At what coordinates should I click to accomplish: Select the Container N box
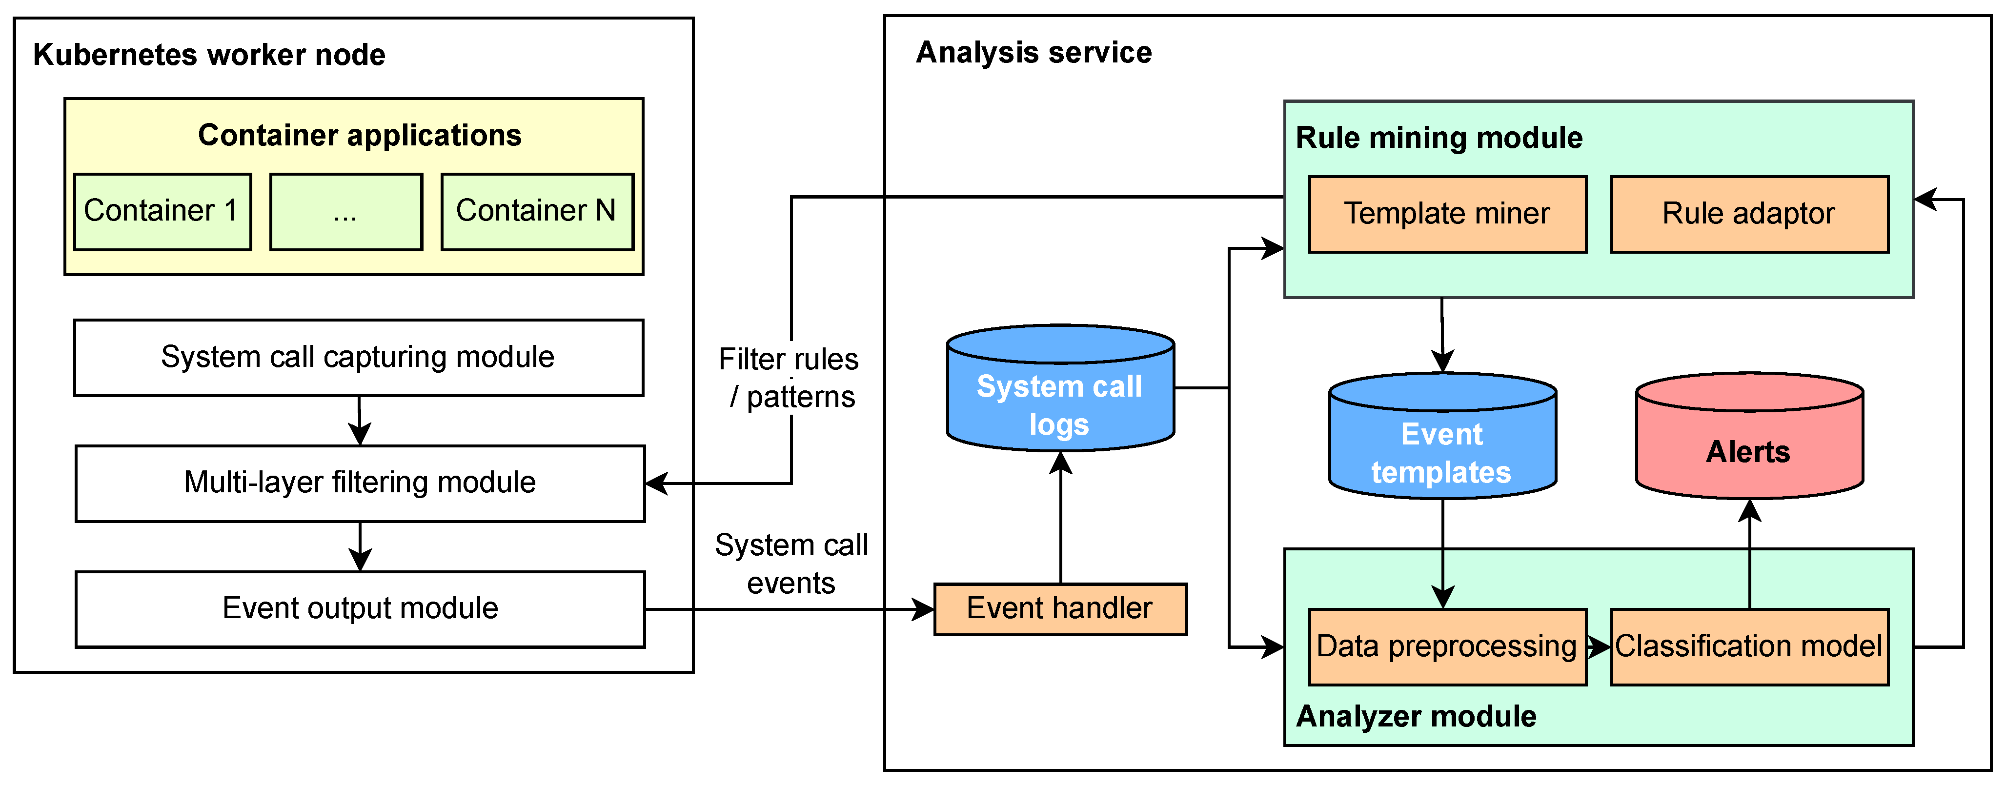pyautogui.click(x=537, y=212)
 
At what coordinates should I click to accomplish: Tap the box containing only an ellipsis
pyautogui.click(x=346, y=212)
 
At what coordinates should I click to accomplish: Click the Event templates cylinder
pyautogui.click(x=1443, y=436)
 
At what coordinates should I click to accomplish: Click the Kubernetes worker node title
pyautogui.click(x=209, y=55)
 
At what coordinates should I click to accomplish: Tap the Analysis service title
pyautogui.click(x=1034, y=52)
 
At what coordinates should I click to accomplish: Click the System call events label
pyautogui.click(x=791, y=564)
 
